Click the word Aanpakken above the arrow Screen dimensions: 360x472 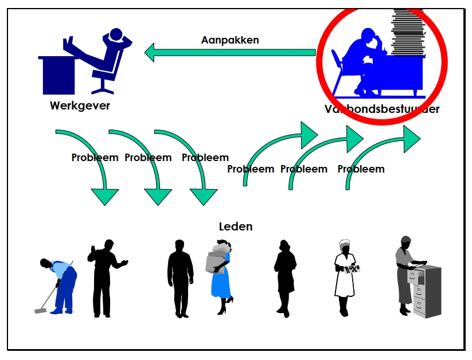[229, 40]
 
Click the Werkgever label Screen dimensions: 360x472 [80, 106]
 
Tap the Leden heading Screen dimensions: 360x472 [235, 226]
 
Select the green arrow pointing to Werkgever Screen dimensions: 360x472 [229, 53]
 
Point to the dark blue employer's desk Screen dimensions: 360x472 [57, 75]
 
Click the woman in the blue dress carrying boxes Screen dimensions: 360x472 [221, 275]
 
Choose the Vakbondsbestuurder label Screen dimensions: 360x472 [381, 109]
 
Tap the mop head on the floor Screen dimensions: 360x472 [40, 310]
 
